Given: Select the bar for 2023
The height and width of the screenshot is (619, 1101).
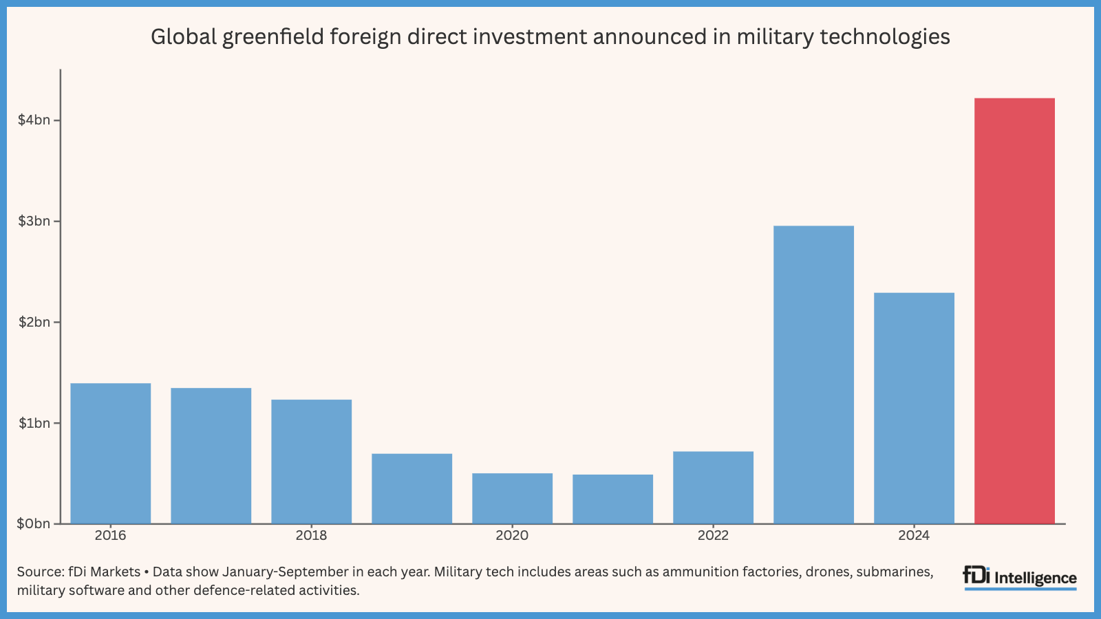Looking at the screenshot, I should (813, 375).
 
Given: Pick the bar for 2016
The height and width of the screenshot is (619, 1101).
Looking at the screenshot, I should (111, 453).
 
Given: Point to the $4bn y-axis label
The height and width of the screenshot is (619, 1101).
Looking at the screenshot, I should (34, 120).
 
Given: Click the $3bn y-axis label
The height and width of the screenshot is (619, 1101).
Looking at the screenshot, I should (34, 221).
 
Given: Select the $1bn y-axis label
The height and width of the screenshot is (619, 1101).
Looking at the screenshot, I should (34, 423).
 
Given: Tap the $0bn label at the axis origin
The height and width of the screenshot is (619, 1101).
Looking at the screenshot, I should (34, 524).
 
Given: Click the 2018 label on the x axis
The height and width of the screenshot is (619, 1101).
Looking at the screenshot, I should (311, 536).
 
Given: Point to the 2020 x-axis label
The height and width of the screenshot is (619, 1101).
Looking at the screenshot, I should (512, 536).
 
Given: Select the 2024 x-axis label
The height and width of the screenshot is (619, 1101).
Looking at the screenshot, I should (914, 536).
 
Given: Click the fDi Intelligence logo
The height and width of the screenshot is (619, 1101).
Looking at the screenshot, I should (1020, 577).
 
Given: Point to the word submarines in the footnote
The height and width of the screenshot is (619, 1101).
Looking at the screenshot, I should (894, 572).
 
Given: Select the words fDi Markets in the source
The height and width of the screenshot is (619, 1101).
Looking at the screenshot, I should (104, 572).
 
